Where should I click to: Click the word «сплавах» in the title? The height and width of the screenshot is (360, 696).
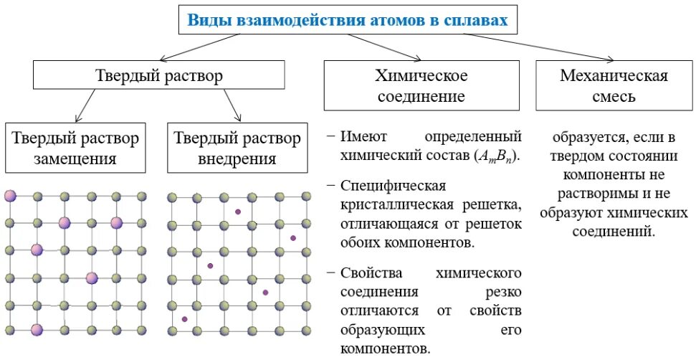click(478, 20)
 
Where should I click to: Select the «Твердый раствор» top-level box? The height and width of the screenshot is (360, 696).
click(158, 75)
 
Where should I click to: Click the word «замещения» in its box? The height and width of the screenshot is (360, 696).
click(75, 158)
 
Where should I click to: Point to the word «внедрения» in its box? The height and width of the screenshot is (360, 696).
click(237, 158)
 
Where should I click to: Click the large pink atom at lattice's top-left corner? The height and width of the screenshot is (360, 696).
click(9, 196)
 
